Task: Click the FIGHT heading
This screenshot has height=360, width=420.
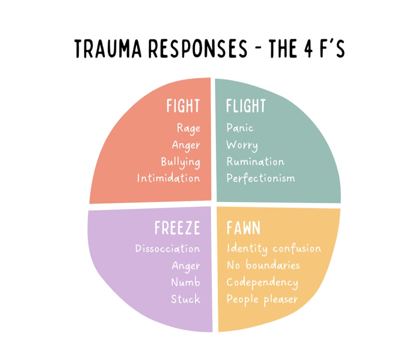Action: coord(183,106)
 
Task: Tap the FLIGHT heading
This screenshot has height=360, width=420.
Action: coord(246,106)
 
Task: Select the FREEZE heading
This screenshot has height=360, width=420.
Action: coord(177,228)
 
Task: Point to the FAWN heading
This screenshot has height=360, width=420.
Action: coord(243,228)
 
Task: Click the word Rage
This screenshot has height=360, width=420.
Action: coord(189,128)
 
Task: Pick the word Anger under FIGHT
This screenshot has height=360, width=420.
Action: coord(186,145)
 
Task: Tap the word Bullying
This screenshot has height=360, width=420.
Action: coord(180,162)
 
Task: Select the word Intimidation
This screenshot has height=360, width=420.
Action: coord(169,178)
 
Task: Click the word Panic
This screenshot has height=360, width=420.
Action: coord(240,128)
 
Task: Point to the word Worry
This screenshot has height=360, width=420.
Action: coord(242,145)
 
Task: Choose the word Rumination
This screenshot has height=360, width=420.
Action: coord(255,161)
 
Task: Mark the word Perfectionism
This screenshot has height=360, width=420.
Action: coord(260,178)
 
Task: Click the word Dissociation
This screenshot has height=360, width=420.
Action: coord(168,249)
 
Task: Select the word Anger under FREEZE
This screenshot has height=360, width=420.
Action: coord(186,266)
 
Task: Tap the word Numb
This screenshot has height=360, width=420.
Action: coord(186,282)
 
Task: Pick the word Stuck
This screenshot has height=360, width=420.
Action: coord(186,299)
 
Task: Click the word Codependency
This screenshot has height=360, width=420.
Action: coord(262,282)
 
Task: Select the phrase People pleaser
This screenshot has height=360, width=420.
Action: coord(262,299)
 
